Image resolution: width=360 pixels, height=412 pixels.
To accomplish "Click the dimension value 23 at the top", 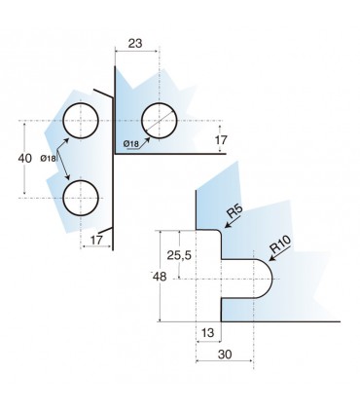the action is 135,43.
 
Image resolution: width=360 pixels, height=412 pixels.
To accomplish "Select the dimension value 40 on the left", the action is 25,159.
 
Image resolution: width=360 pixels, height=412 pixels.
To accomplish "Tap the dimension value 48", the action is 160,277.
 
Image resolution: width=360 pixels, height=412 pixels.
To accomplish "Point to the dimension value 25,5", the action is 179,256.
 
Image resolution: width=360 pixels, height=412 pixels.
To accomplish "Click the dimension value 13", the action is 207,333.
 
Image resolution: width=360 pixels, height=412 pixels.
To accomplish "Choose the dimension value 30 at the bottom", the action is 225,355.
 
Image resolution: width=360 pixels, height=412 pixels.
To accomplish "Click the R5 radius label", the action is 234,211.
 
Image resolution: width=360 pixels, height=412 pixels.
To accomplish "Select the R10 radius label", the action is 281,244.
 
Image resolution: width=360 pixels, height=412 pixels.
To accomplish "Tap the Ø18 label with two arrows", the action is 48,159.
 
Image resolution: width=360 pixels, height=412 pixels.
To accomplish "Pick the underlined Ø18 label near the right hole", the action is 131,143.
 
